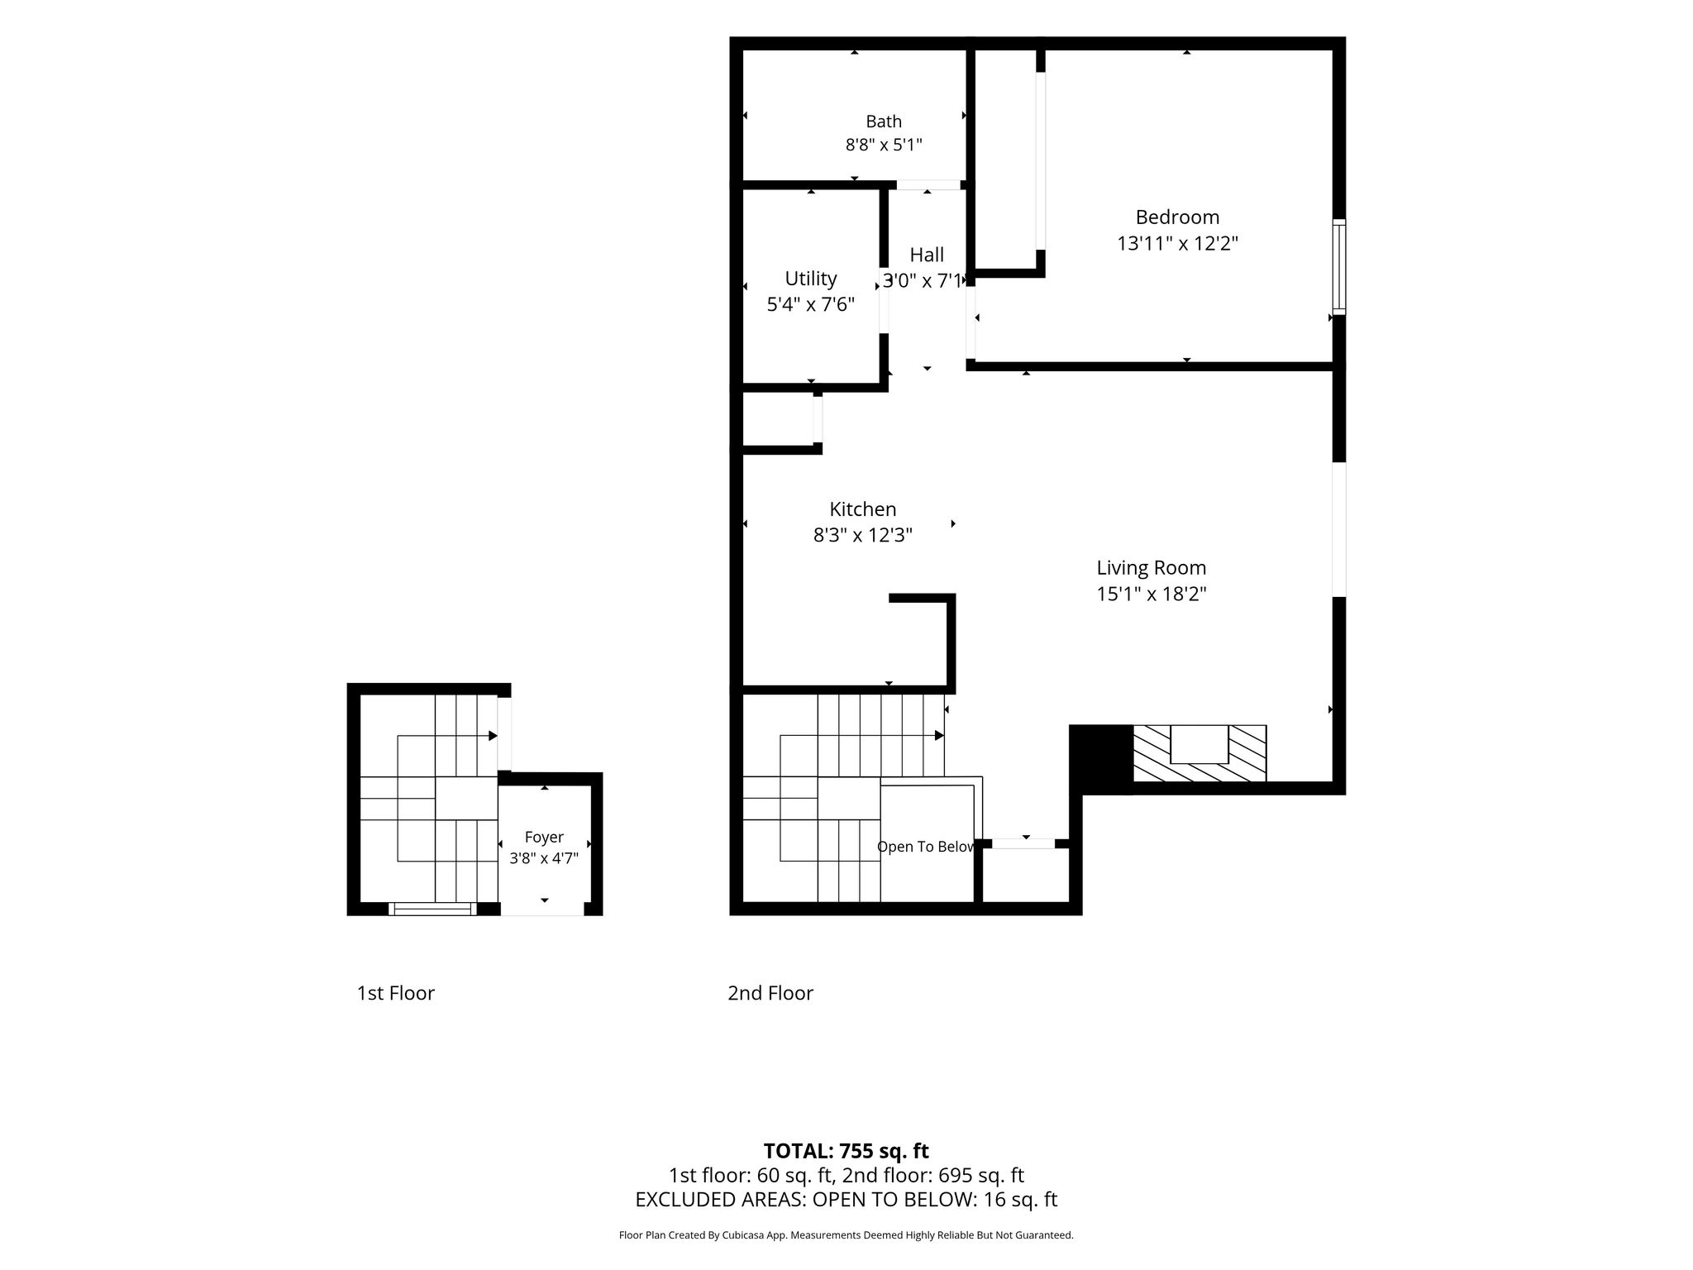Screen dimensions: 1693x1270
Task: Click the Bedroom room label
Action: coord(1177,217)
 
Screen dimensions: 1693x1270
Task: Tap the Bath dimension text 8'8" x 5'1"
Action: coord(884,146)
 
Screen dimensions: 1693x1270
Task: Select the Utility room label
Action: coord(811,279)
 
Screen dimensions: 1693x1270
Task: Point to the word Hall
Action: coord(927,255)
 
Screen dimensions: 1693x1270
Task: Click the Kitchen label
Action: coord(863,509)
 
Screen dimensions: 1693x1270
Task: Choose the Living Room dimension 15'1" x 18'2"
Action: coord(1152,594)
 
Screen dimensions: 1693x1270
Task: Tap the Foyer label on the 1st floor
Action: coord(544,838)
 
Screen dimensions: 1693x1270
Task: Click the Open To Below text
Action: coord(926,847)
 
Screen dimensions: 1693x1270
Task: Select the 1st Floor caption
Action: coord(396,993)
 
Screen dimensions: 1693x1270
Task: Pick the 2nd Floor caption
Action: coord(770,993)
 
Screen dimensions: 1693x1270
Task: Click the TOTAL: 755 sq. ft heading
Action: coord(846,1151)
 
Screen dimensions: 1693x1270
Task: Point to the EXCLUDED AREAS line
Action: coord(846,1200)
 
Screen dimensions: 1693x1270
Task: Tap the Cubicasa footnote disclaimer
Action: coord(846,1235)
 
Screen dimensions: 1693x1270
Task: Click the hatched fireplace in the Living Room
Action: coord(1199,753)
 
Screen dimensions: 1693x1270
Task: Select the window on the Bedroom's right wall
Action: coord(1338,266)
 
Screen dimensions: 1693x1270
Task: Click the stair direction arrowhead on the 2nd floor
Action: coord(940,735)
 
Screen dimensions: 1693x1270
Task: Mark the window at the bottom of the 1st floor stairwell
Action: coord(432,909)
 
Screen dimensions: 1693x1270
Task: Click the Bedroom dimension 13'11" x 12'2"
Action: coord(1177,244)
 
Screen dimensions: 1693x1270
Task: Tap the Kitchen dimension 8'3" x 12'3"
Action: coord(863,535)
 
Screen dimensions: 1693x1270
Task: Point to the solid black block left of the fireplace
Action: coord(1101,757)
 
